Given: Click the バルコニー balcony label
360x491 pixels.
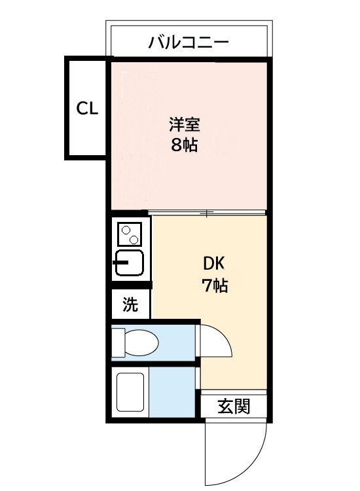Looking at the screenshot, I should point(189,44).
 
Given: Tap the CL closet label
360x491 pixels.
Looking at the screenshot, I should point(87,109).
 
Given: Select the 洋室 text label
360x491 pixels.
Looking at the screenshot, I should point(185,124).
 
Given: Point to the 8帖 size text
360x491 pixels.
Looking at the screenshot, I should point(185,145).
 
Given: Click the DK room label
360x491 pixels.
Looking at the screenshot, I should point(214,264).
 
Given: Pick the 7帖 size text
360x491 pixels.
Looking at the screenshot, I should point(214,285).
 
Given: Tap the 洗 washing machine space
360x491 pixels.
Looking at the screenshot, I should point(131,304).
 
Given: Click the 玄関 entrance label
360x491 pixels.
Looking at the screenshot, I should point(234,407).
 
